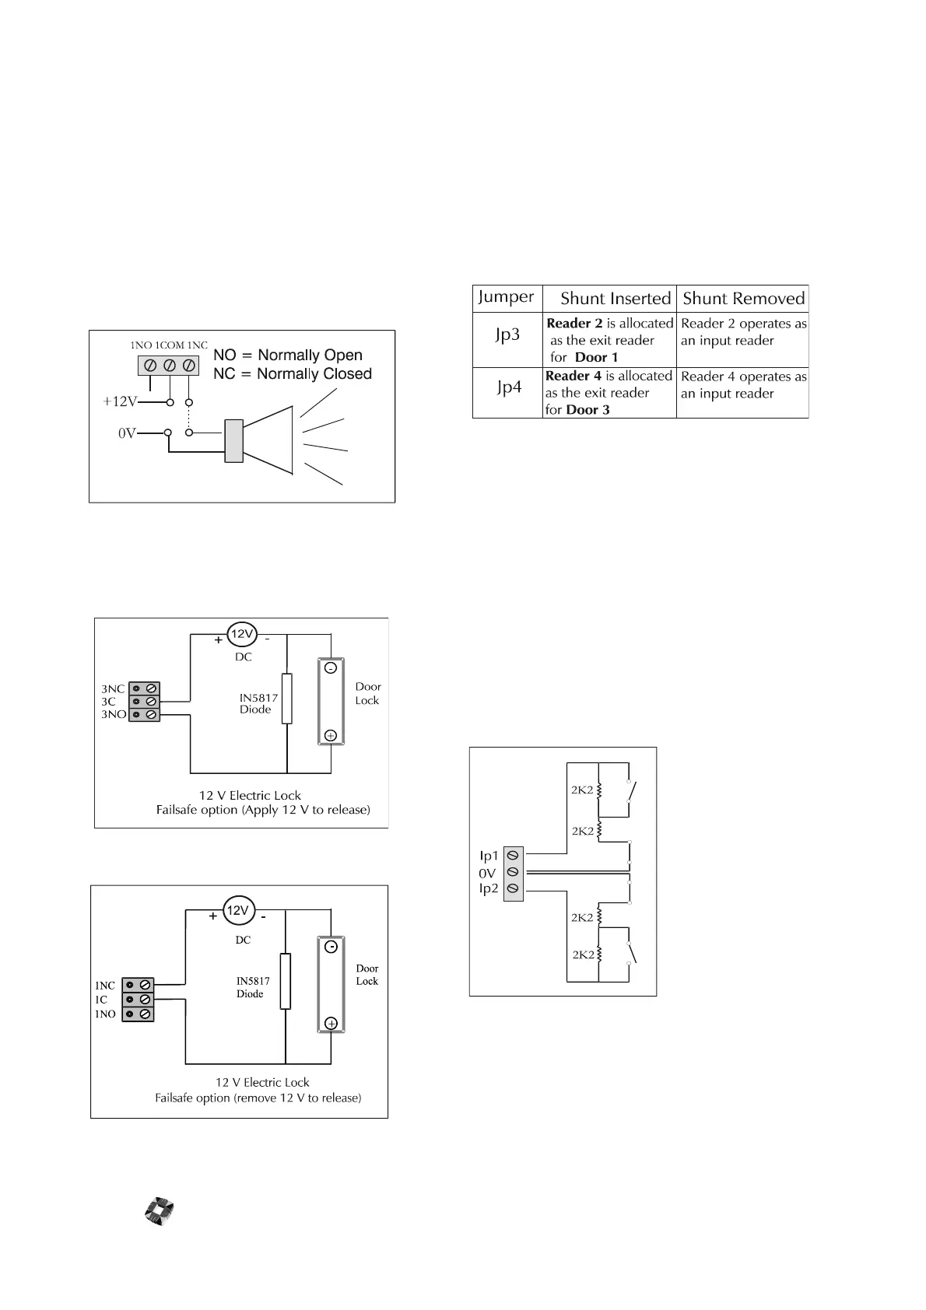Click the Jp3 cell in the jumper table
[x=507, y=336]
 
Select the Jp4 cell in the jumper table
[x=509, y=387]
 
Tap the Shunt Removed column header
[x=743, y=299]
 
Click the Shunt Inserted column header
[x=615, y=299]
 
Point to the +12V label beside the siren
[x=120, y=402]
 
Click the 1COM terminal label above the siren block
[x=169, y=345]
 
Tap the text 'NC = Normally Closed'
[x=293, y=374]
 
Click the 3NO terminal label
[x=114, y=715]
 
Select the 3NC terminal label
[x=113, y=689]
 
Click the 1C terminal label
[x=101, y=1000]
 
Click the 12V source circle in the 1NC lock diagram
[x=237, y=910]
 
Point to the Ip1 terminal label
[x=489, y=856]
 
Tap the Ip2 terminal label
[x=489, y=888]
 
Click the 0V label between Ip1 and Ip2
[x=487, y=873]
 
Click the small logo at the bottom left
[x=159, y=1212]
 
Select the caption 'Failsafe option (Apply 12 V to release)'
[x=263, y=810]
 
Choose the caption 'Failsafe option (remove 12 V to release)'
[x=258, y=1098]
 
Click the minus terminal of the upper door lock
[x=330, y=668]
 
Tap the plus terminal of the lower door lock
[x=331, y=1023]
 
